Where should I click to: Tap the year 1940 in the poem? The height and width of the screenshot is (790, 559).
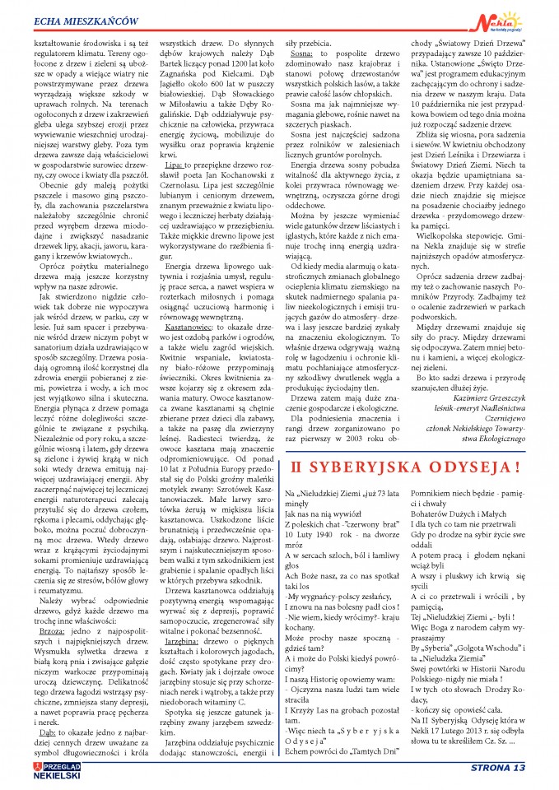coord(338,532)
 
